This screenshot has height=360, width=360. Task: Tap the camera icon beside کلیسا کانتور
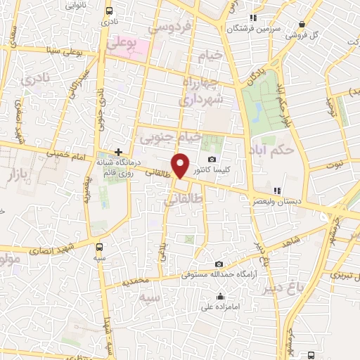pos(212,160)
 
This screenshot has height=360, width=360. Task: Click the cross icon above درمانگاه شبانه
pos(119,151)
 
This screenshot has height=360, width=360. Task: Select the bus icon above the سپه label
pos(99,247)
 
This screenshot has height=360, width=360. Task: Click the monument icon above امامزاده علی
pos(221,295)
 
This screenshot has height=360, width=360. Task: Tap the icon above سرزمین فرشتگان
pos(253,18)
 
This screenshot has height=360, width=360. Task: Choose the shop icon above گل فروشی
pos(302,23)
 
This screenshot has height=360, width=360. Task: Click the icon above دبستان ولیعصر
pos(278,191)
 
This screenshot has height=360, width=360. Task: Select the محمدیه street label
pos(135,281)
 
